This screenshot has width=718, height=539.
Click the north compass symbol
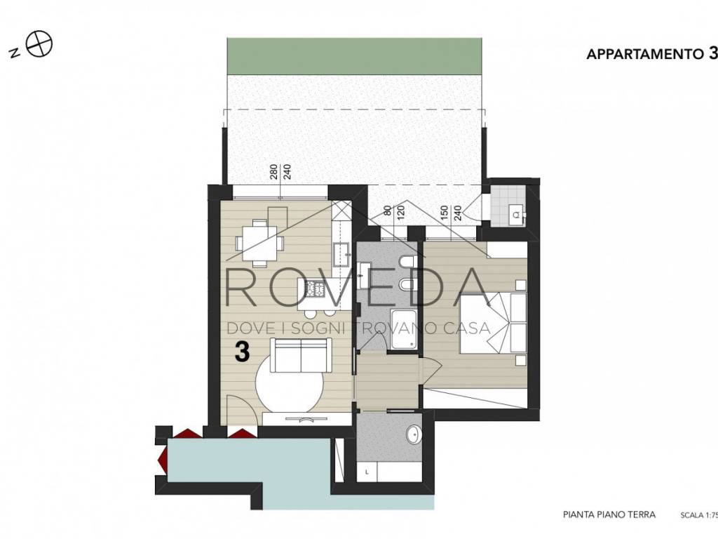39,45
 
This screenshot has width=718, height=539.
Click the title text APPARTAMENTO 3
652,54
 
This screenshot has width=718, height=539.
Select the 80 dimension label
388,211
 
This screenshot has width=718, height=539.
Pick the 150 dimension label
444,213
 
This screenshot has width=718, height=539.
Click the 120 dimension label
402,213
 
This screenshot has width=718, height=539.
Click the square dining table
259,242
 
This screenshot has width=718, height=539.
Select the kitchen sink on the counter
341,254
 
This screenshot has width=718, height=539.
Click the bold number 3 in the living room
242,352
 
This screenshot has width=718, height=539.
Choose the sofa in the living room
301,356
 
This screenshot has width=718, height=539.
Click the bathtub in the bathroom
403,329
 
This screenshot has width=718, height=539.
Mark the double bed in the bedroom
493,323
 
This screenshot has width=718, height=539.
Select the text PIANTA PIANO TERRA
609,514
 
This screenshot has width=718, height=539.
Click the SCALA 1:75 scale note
699,515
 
